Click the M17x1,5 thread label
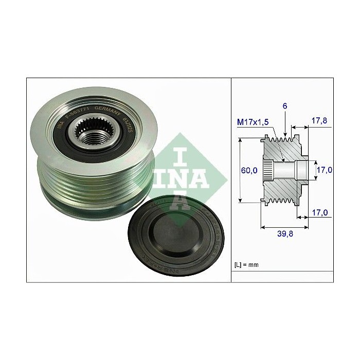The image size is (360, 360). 254,122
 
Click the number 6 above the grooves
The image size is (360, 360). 284,105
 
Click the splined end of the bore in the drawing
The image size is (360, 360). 268,169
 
